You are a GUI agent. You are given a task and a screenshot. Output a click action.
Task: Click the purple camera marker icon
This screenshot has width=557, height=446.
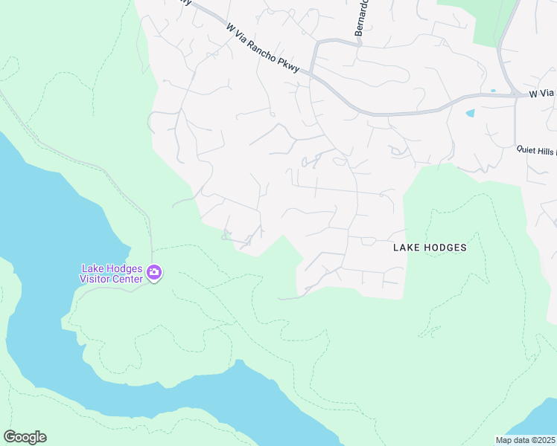154,273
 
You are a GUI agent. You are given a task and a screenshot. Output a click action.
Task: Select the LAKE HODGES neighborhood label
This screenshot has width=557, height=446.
430,248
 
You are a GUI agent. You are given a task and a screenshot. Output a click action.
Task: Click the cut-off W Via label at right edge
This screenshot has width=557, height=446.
542,94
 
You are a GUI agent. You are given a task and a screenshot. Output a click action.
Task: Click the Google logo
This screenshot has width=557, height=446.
25,437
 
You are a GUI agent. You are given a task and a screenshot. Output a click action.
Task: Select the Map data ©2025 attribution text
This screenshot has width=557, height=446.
525,440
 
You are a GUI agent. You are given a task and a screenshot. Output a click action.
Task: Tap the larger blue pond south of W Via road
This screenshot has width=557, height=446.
469,114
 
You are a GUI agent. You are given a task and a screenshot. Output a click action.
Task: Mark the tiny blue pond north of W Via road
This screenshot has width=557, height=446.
492,91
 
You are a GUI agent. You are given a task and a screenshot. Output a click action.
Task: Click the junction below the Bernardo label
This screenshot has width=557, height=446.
360,42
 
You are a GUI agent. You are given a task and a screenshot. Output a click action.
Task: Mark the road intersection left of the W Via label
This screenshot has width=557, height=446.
515,95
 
